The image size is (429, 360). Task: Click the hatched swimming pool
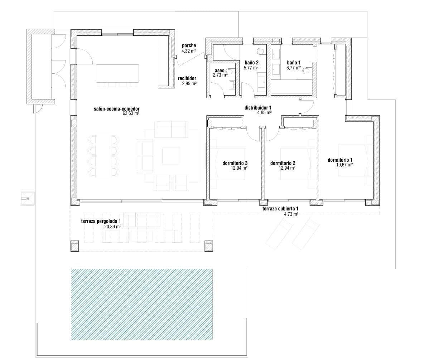(x=142, y=304)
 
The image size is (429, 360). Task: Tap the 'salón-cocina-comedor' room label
(x=116, y=109)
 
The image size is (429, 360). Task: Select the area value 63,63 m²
(x=131, y=113)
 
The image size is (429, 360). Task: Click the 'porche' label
(x=189, y=46)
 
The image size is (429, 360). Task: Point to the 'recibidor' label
(x=187, y=78)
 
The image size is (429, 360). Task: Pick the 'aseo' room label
(x=220, y=71)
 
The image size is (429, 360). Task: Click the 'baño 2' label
(x=252, y=63)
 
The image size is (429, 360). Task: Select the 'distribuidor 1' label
(x=258, y=108)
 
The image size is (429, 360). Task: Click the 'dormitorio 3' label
(x=235, y=163)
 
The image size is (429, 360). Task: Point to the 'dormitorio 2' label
(x=283, y=163)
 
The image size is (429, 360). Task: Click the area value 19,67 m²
(x=344, y=165)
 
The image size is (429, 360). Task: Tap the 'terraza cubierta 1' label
(x=280, y=209)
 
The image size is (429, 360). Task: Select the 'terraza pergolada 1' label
(x=101, y=222)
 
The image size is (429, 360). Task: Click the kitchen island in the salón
(x=117, y=73)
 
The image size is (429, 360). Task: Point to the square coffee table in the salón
(x=171, y=156)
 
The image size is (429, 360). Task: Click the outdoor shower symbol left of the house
(x=28, y=198)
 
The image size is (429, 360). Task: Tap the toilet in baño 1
(x=308, y=71)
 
